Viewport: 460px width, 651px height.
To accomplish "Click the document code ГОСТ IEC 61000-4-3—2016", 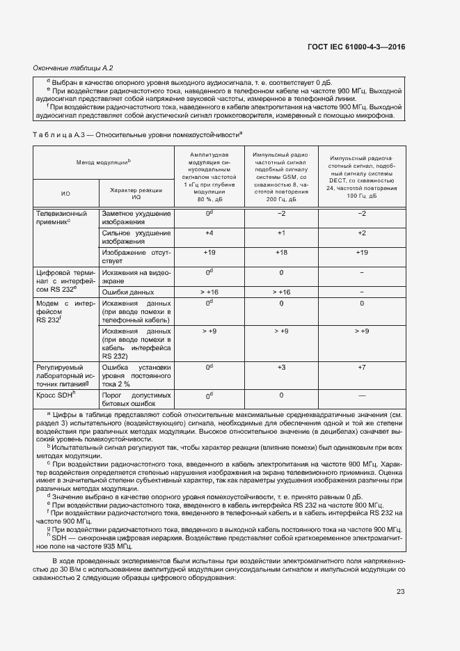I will (x=356, y=47).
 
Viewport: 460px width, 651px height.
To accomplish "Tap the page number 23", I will (x=400, y=592).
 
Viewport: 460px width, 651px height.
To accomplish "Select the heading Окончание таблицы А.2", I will (x=73, y=68).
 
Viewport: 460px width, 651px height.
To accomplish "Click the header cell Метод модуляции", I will (x=103, y=162).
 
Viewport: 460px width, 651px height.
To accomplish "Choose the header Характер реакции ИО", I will (x=136, y=194).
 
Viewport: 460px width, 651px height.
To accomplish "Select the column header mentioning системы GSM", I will (x=281, y=175).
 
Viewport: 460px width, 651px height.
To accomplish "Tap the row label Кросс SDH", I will (x=55, y=394).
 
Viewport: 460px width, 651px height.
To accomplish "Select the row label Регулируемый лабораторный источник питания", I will (x=63, y=375).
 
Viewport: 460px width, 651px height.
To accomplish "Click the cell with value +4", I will (x=209, y=233).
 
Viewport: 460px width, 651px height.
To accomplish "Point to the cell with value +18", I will (x=281, y=252).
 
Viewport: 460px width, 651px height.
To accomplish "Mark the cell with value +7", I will (x=362, y=366).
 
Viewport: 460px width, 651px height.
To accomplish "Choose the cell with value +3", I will (x=281, y=366).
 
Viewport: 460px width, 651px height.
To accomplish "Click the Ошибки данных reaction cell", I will (x=127, y=292).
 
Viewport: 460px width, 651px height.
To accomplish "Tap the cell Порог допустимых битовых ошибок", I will (x=136, y=398).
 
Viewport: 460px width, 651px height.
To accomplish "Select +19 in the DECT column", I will (x=362, y=252).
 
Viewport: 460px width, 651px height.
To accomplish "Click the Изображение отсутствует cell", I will (x=136, y=256).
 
